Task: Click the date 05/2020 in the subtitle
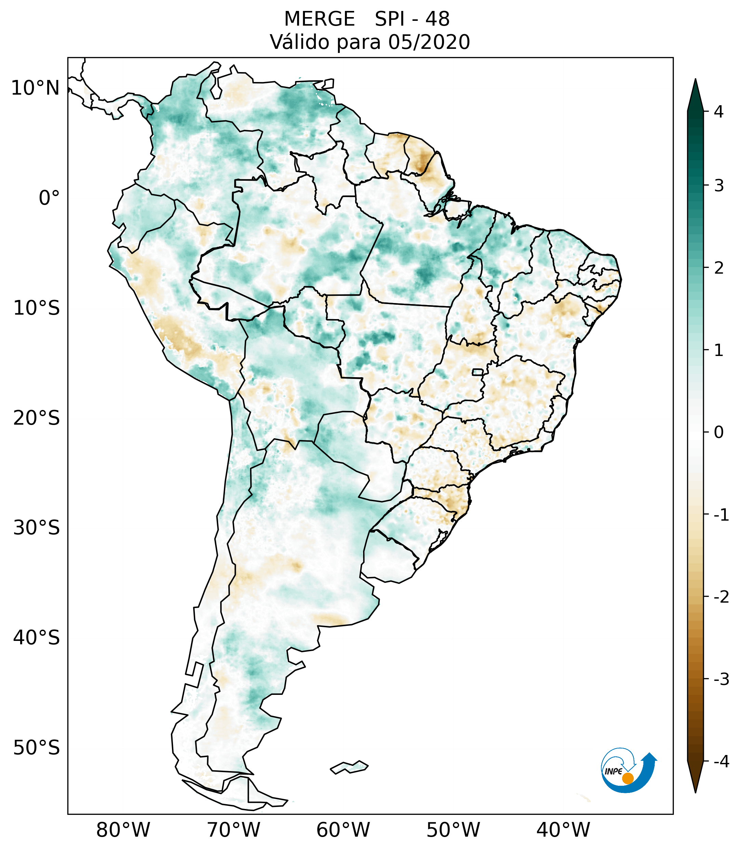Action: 429,42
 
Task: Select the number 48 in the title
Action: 438,19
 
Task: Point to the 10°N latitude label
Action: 35,88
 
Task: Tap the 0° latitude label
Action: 49,198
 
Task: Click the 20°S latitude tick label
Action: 37,418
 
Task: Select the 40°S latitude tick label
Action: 37,638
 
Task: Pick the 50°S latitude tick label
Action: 37,748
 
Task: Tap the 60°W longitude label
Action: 343,830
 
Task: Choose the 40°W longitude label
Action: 563,830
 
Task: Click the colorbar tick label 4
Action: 719,112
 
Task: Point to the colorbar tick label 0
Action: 719,433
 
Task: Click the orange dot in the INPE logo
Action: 628,778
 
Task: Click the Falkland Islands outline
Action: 349,767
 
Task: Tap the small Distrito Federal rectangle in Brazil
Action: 478,371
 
